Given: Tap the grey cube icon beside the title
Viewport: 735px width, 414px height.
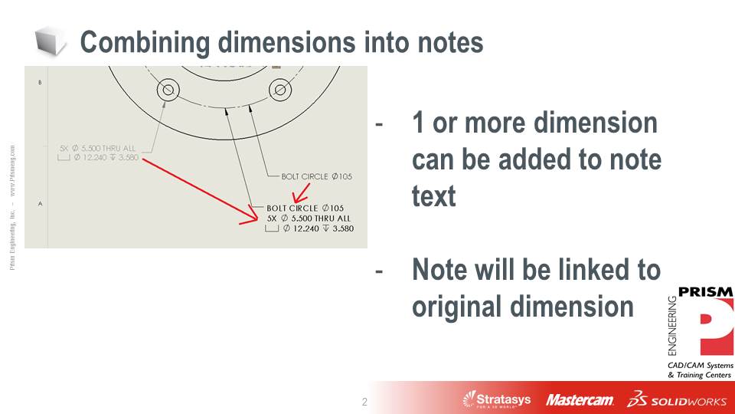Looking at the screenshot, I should click(51, 41).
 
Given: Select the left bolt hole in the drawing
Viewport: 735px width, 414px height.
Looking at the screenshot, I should click(168, 90).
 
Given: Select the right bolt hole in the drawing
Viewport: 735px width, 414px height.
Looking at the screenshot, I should click(280, 90).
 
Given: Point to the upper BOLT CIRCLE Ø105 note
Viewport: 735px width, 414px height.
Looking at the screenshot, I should click(316, 176).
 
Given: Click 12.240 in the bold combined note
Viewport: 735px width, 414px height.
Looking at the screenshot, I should click(310, 228).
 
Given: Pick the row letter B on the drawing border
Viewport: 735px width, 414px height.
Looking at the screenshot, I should click(40, 82).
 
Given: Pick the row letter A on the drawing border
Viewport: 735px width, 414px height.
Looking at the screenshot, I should click(40, 203).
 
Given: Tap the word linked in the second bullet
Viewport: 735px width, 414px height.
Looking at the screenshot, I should click(576, 270).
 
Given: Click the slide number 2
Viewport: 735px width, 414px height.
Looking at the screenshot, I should click(364, 402).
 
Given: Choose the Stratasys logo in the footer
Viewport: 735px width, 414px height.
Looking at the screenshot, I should click(498, 399).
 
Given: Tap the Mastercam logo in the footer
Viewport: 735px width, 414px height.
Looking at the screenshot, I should click(580, 400).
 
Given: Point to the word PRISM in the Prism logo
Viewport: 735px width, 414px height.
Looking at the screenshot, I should click(706, 291).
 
